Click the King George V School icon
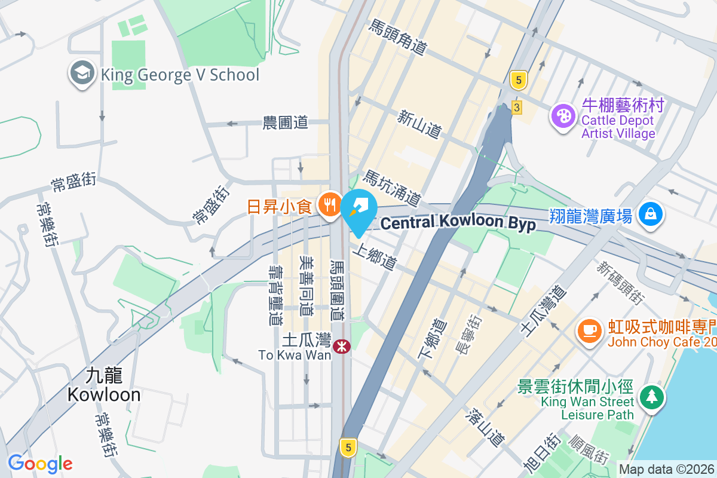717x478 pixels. (x=81, y=73)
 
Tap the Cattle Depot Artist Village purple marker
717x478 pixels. (x=562, y=115)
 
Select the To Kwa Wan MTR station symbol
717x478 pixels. (x=342, y=346)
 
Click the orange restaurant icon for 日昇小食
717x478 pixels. (x=329, y=206)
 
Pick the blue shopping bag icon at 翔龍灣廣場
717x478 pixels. (x=651, y=215)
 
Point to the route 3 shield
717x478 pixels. (x=517, y=108)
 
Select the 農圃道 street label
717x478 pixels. (x=285, y=122)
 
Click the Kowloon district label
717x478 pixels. (x=104, y=385)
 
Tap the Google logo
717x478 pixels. (x=40, y=463)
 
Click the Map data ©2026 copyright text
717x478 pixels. (x=666, y=470)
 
